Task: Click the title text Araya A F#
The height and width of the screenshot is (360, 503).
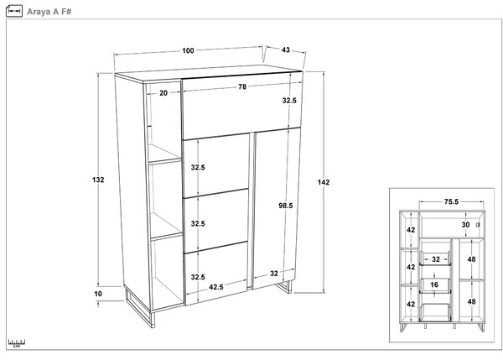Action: tap(49, 12)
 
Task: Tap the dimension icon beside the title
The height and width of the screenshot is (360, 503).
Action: tap(14, 11)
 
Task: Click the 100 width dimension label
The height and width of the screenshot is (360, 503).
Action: tap(188, 50)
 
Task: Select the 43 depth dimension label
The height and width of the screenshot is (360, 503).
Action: tap(286, 50)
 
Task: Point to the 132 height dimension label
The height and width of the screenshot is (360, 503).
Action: tap(98, 180)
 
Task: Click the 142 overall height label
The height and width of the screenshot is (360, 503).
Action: tap(324, 182)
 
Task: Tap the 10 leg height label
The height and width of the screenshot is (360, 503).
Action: tap(98, 294)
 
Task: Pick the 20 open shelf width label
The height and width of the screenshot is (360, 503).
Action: tap(163, 93)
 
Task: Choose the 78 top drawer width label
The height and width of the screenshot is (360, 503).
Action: tap(242, 86)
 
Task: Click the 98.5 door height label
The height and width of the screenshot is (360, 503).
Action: tap(286, 206)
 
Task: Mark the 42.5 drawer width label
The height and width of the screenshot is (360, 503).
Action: tap(216, 287)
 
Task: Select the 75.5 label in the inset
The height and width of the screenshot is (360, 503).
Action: tap(451, 201)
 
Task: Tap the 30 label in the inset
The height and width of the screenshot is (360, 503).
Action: tap(465, 225)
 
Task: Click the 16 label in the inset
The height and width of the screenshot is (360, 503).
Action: tap(434, 284)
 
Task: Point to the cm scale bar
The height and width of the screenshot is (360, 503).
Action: tap(17, 343)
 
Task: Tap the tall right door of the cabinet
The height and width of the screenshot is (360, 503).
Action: tap(276, 208)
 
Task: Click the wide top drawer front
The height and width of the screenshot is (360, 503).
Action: tap(242, 106)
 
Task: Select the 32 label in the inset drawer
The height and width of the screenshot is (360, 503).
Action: tap(436, 259)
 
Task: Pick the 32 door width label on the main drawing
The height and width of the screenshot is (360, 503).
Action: tap(274, 274)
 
